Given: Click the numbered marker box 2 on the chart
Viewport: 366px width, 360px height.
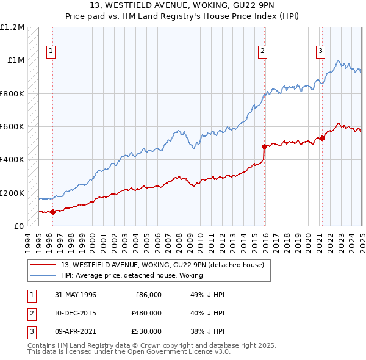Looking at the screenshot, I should coord(262,52).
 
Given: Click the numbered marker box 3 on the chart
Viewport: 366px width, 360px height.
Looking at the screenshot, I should coord(320,52).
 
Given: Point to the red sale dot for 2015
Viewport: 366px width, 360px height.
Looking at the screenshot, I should coord(264,146).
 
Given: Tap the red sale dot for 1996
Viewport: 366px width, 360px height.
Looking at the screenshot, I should coord(52,212).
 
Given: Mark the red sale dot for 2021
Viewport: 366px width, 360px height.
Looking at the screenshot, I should coord(322,138).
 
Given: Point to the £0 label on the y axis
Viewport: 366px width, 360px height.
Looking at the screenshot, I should coord(18,226).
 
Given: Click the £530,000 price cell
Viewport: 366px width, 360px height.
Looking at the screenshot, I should coord(146,331).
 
